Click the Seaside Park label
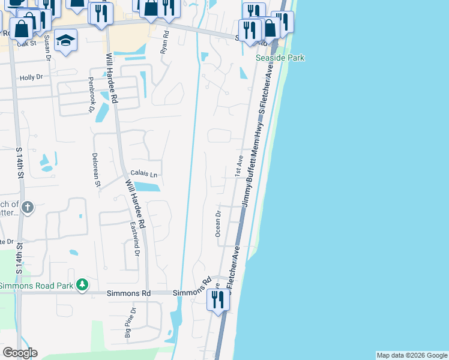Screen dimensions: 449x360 [x=280, y=58]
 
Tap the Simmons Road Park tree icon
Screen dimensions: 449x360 [x=83, y=284]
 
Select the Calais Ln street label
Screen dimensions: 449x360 [x=143, y=175]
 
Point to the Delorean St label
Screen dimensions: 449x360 [x=95, y=170]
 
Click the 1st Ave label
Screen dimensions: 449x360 [x=238, y=166]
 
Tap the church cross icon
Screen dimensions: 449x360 [x=27, y=208]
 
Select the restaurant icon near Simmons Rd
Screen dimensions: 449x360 [x=218, y=298]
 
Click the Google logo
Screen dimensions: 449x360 [x=20, y=353]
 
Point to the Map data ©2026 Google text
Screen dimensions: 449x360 [x=412, y=355]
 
